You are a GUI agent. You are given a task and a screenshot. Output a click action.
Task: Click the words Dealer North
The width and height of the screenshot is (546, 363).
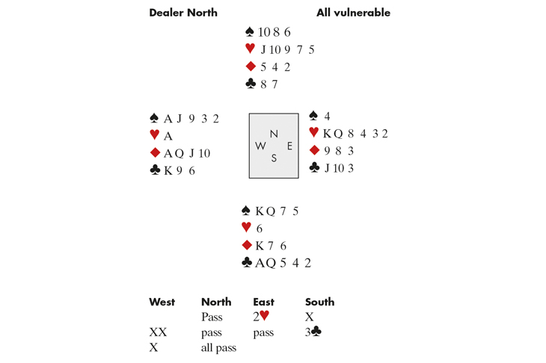click(183, 13)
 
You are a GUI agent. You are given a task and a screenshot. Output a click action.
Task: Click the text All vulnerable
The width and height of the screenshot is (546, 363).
click(353, 13)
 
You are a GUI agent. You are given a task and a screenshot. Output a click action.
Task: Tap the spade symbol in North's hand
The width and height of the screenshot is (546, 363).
click(250, 32)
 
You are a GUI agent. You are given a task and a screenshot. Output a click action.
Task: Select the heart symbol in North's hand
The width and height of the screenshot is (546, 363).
click(250, 49)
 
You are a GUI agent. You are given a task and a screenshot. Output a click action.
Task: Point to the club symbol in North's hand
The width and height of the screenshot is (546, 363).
click(251, 84)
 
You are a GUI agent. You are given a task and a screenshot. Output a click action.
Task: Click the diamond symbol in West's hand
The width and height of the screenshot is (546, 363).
click(155, 153)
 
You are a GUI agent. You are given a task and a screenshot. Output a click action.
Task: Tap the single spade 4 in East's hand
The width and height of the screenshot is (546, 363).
click(327, 117)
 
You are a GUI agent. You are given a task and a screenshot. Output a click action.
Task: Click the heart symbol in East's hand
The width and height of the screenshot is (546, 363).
click(314, 134)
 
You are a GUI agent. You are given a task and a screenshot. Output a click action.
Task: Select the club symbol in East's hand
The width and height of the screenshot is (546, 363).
click(314, 168)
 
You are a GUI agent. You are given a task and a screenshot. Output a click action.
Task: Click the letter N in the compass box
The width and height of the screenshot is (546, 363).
click(274, 134)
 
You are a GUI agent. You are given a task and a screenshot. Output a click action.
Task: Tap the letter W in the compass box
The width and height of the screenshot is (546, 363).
click(260, 146)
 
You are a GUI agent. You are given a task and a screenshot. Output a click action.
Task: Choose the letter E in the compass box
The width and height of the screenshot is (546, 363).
click(289, 146)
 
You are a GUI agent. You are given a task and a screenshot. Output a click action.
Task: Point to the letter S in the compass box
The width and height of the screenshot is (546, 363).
click(274, 158)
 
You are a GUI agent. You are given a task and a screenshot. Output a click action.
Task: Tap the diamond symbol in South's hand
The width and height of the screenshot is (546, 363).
click(247, 246)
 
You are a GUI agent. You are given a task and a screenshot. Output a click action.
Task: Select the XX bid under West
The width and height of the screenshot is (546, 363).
click(158, 332)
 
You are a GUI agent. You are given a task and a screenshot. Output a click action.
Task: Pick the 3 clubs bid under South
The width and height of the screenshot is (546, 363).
click(313, 332)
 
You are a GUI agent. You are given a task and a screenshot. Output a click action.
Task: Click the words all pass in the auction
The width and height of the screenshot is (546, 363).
click(218, 348)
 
